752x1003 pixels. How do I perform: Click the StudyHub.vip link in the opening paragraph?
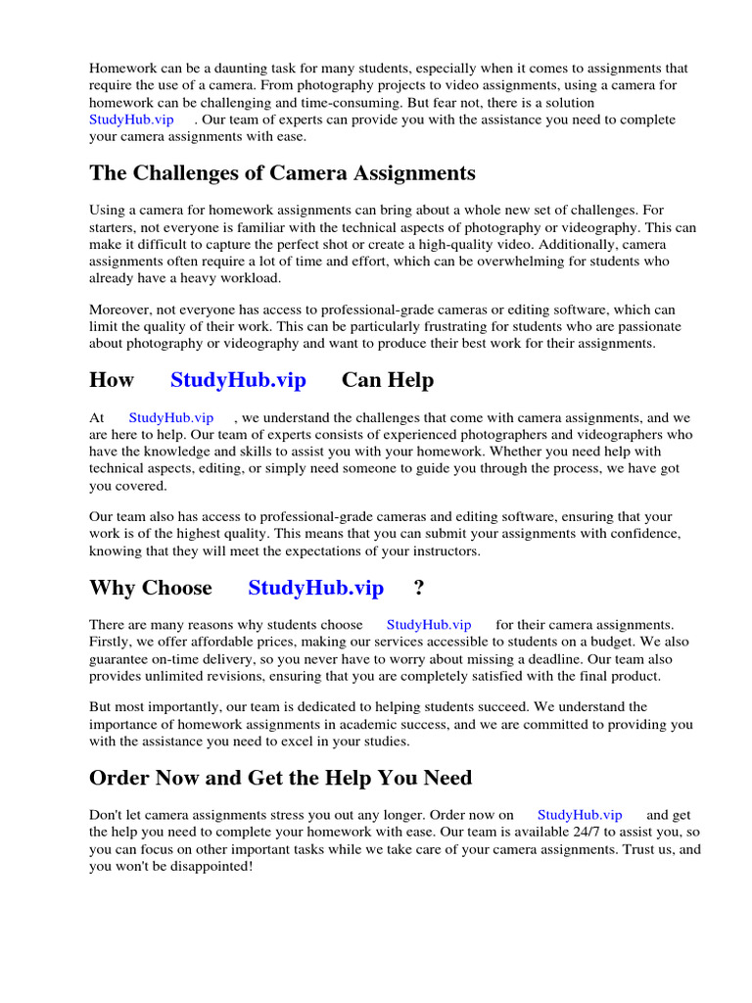(131, 119)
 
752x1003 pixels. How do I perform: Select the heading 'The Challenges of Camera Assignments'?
(282, 174)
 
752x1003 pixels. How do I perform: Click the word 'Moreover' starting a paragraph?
(119, 310)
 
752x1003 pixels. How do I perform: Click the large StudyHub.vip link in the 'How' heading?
(238, 380)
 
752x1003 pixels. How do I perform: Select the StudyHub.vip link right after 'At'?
(170, 418)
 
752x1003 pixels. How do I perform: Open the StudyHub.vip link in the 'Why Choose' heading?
(315, 588)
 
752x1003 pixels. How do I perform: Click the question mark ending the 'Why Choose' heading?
(419, 588)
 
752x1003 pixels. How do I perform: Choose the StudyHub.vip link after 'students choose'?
(428, 625)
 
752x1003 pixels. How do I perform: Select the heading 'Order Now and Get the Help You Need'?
(280, 779)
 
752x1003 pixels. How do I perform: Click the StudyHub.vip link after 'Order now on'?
(580, 815)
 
